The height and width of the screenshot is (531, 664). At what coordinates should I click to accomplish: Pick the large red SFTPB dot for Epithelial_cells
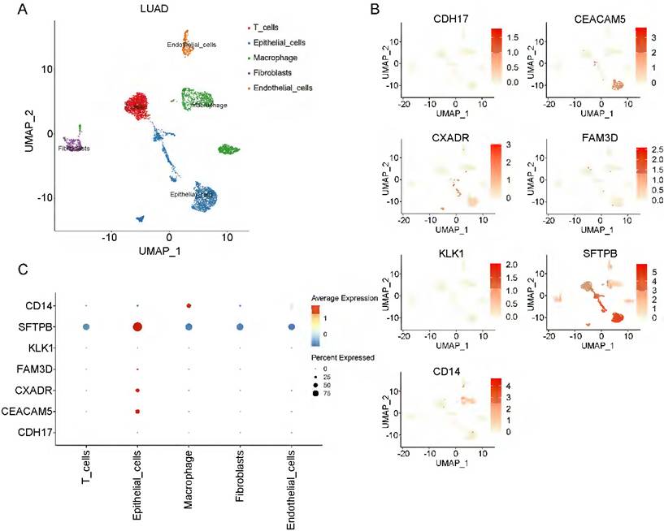click(x=137, y=327)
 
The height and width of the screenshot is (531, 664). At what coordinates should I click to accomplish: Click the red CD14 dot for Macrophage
click(x=189, y=306)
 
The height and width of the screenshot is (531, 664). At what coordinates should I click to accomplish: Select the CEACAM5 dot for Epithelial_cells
click(x=137, y=412)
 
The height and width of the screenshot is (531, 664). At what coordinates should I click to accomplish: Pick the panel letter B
click(x=375, y=10)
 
